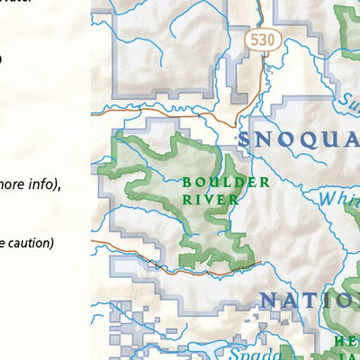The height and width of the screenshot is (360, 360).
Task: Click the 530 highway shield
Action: pyautogui.click(x=262, y=40)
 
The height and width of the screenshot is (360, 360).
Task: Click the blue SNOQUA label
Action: pyautogui.click(x=298, y=139)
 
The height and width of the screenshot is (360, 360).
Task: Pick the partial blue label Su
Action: pyautogui.click(x=349, y=99)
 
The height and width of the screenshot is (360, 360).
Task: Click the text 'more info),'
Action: pyautogui.click(x=28, y=185)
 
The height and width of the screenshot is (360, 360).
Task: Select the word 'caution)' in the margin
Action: pyautogui.click(x=28, y=243)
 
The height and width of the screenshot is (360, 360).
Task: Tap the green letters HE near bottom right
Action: pyautogui.click(x=346, y=341)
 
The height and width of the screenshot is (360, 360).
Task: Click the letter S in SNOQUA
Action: pyautogui.click(x=244, y=139)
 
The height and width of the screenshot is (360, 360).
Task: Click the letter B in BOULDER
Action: pyautogui.click(x=186, y=182)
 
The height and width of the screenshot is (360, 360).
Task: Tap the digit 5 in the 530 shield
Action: pyautogui.click(x=255, y=40)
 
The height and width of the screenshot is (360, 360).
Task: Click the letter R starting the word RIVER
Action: pyautogui.click(x=186, y=199)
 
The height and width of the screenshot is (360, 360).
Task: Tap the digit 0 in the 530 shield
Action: pyautogui.click(x=269, y=40)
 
